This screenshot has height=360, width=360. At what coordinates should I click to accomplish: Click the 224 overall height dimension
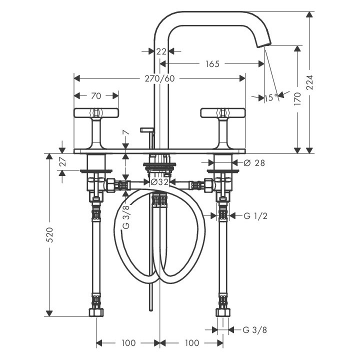(x=310, y=82)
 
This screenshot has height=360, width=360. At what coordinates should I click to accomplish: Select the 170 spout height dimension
(x=297, y=98)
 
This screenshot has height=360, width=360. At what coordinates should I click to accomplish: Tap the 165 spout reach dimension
(x=212, y=64)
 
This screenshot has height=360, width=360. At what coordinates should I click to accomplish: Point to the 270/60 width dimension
(x=159, y=78)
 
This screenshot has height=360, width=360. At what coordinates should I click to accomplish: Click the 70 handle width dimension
(x=96, y=95)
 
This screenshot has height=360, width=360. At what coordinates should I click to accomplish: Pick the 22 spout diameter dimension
(x=161, y=51)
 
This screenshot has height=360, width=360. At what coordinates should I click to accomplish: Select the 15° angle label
(x=271, y=98)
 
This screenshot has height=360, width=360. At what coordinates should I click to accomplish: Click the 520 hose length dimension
(x=49, y=234)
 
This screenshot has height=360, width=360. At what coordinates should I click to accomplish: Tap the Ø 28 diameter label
(x=254, y=163)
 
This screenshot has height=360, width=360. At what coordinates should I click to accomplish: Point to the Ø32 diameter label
(x=159, y=182)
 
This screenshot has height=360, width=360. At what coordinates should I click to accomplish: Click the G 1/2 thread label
(x=255, y=216)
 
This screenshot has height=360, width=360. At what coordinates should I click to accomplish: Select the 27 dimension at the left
(x=62, y=161)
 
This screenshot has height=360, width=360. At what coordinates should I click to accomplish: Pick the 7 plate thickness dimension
(x=126, y=132)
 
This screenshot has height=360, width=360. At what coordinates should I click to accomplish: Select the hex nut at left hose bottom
(x=96, y=312)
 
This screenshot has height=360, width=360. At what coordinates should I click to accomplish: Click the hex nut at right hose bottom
(x=223, y=312)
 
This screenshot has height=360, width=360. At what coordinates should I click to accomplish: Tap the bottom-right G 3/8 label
(x=255, y=330)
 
